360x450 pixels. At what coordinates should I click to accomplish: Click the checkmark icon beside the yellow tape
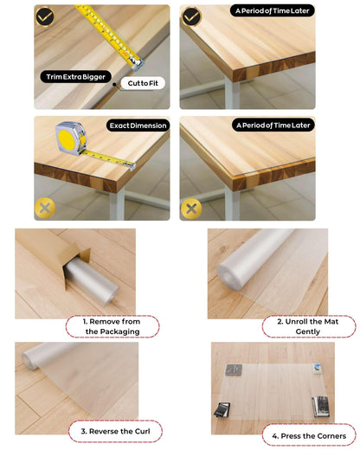point(45,16)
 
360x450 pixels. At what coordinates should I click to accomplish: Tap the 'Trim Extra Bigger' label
point(76,77)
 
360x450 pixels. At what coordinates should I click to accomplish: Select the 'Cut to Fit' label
point(143,83)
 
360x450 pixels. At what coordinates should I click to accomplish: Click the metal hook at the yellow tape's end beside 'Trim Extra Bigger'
point(138,63)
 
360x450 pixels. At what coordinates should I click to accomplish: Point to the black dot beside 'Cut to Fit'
point(114,84)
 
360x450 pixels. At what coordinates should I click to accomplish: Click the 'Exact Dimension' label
point(138,125)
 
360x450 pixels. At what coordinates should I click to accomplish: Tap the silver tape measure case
point(71,138)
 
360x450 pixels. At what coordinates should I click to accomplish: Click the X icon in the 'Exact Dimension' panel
point(45,208)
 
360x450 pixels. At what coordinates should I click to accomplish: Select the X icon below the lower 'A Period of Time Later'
point(191,209)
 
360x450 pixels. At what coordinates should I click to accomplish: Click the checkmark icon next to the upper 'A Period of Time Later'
point(191,17)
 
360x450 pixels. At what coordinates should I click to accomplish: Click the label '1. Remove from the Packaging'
point(112,326)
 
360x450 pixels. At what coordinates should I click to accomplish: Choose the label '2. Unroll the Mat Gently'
point(309,326)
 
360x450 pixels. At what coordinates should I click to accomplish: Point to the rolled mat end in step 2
point(228,275)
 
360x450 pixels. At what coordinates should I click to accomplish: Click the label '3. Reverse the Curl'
point(115,431)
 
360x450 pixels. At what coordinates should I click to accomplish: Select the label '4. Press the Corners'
point(309,435)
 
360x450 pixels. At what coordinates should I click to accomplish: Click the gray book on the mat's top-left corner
point(234,370)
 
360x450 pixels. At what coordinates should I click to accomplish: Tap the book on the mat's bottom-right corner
point(321,407)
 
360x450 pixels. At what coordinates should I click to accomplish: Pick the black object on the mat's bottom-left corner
point(222,410)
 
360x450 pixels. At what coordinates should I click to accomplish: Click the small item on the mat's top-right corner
point(318,369)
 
